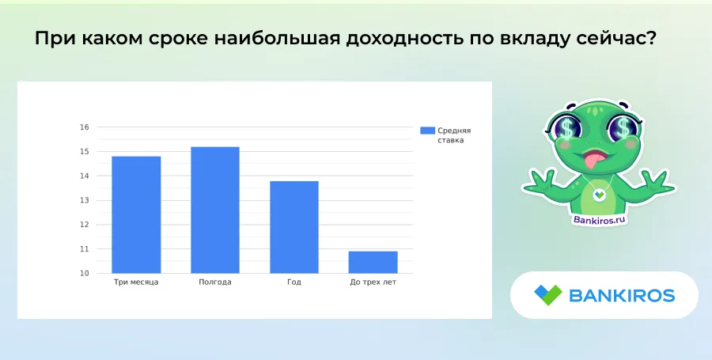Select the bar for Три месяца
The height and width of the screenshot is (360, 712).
pyautogui.click(x=136, y=214)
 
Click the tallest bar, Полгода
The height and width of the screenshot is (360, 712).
pyautogui.click(x=215, y=210)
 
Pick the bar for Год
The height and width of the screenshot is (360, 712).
pyautogui.click(x=294, y=227)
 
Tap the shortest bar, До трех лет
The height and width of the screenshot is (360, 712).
pyautogui.click(x=373, y=262)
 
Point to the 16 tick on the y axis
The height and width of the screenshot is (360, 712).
pyautogui.click(x=85, y=127)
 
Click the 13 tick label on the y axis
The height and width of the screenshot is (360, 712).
pyautogui.click(x=85, y=200)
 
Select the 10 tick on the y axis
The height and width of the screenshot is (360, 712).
pyautogui.click(x=85, y=273)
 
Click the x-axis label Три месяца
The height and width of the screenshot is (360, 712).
pyautogui.click(x=136, y=282)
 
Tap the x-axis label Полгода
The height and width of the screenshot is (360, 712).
pyautogui.click(x=215, y=282)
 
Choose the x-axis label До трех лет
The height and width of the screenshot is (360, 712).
pyautogui.click(x=373, y=282)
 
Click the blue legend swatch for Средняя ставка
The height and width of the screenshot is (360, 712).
pyautogui.click(x=427, y=131)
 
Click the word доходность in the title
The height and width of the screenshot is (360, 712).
pyautogui.click(x=403, y=39)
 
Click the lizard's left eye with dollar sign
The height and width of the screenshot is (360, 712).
pyautogui.click(x=567, y=127)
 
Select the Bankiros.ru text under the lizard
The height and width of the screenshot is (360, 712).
pyautogui.click(x=600, y=220)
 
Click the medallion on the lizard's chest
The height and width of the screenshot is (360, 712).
pyautogui.click(x=600, y=195)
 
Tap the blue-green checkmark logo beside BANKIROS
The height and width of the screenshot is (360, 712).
pyautogui.click(x=548, y=295)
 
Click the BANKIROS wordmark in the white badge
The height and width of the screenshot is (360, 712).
pyautogui.click(x=622, y=296)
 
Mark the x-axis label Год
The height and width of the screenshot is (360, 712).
pyautogui.click(x=294, y=282)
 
